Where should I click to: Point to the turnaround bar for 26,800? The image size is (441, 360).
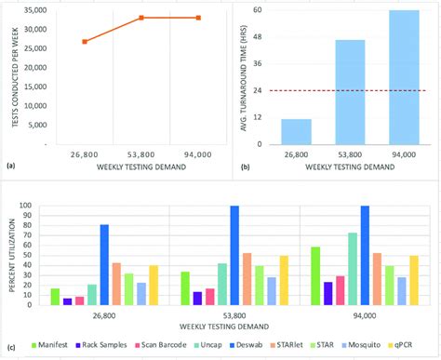[296, 132]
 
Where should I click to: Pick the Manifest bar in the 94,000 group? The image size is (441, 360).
[314, 275]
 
